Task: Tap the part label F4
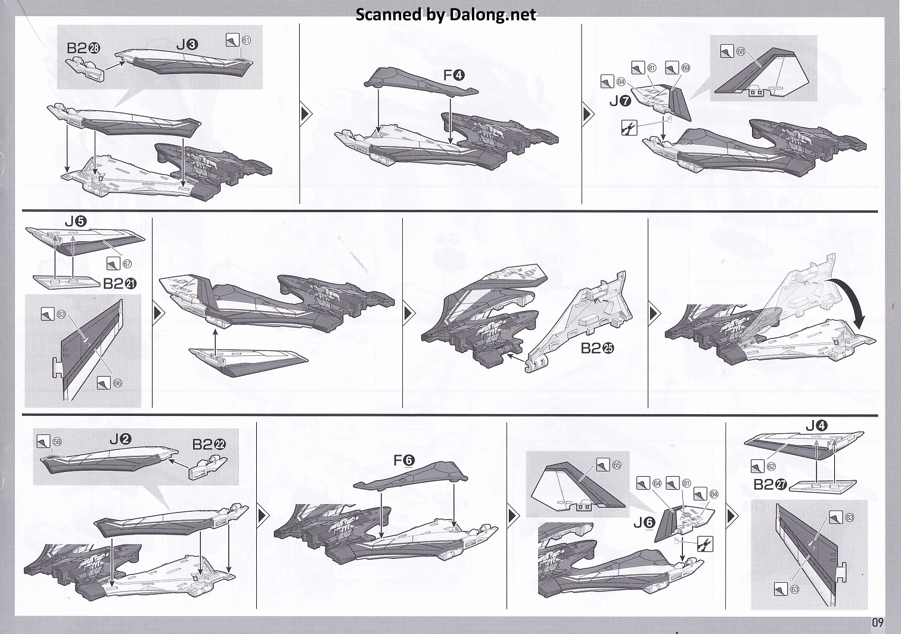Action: point(453,75)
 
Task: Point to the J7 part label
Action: point(620,101)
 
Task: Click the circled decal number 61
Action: point(246,41)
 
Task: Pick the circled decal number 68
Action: point(741,51)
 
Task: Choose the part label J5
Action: point(76,222)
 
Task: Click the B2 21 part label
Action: point(120,284)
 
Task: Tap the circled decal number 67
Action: point(127,263)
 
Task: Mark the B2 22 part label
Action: point(209,444)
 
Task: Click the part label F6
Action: point(403,460)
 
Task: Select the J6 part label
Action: point(644,523)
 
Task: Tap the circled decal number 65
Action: point(616,465)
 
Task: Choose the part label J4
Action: point(816,425)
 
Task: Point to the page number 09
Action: point(878,622)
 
